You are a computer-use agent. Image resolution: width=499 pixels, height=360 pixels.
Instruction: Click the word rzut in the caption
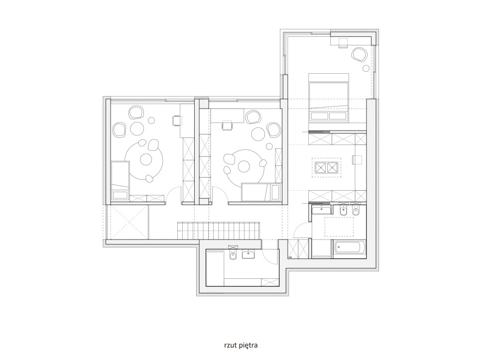(x=231, y=345)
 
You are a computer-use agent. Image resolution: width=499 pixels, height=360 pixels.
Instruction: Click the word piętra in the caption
(x=249, y=346)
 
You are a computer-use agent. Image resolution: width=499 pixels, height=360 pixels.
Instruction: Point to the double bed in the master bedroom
(x=328, y=98)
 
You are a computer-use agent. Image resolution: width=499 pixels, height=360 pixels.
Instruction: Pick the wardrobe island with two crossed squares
(x=326, y=167)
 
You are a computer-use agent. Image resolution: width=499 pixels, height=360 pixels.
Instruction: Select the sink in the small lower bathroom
(x=248, y=254)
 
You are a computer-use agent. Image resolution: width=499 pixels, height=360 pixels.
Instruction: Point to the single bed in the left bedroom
(x=121, y=181)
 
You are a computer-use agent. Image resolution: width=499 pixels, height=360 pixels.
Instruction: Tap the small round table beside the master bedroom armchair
(x=366, y=68)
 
